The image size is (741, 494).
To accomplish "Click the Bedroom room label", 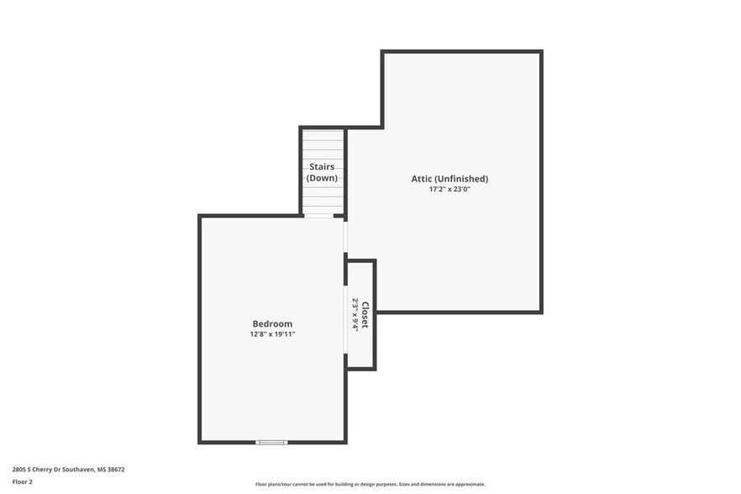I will pyautogui.click(x=272, y=324).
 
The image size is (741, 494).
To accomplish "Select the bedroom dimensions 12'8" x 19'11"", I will pyautogui.click(x=272, y=334).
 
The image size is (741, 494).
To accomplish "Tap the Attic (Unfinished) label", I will pyautogui.click(x=449, y=179).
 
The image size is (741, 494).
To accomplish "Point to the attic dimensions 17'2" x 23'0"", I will pyautogui.click(x=449, y=189).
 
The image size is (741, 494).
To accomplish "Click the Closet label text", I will pyautogui.click(x=365, y=315).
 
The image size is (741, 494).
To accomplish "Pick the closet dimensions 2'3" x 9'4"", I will pyautogui.click(x=355, y=315).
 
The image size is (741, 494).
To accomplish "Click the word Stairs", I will pyautogui.click(x=323, y=167).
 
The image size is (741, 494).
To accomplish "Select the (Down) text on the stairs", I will pyautogui.click(x=323, y=178).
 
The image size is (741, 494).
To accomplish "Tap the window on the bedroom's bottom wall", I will pyautogui.click(x=271, y=442).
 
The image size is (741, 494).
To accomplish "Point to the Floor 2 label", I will pyautogui.click(x=22, y=482).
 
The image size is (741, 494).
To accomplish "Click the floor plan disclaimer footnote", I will pyautogui.click(x=370, y=485).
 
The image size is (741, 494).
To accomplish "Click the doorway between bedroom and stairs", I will pyautogui.click(x=318, y=216).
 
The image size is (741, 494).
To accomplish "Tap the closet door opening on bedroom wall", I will pyautogui.click(x=345, y=319).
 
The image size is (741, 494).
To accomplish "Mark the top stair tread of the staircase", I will pyautogui.click(x=323, y=134).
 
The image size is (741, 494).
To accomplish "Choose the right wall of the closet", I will pyautogui.click(x=374, y=315).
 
